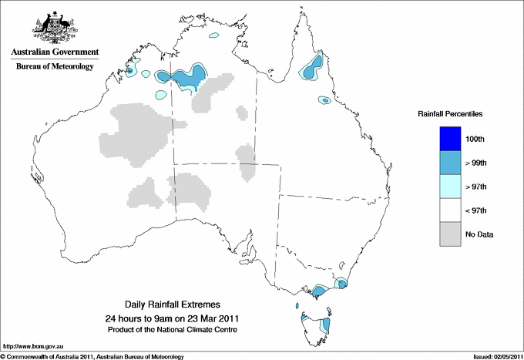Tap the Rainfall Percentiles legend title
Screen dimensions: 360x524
450,113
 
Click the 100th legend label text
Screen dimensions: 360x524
475,139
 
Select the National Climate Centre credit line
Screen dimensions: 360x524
172,329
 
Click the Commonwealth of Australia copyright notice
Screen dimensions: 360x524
92,356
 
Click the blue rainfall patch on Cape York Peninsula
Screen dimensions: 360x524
312,68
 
